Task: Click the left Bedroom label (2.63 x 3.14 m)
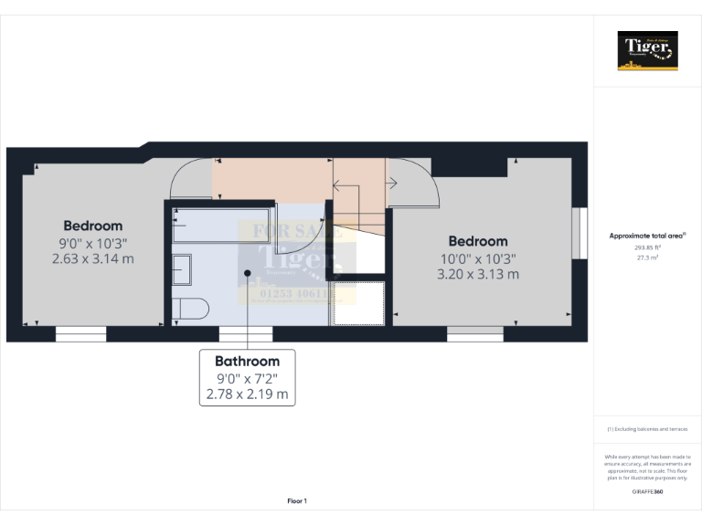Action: [x=93, y=242]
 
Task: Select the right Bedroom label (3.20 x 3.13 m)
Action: [x=478, y=258]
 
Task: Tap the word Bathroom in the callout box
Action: [x=247, y=362]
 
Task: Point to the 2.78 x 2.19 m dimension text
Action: [x=247, y=394]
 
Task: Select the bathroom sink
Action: [x=182, y=270]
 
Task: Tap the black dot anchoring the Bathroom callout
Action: [x=248, y=272]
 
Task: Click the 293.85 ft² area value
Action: [x=647, y=247]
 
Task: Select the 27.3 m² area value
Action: [x=647, y=258]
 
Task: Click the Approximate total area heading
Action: [x=647, y=236]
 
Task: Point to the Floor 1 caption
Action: [x=297, y=500]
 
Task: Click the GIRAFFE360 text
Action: [x=647, y=492]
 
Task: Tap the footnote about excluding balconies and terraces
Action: [x=647, y=429]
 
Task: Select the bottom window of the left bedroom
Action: [x=80, y=335]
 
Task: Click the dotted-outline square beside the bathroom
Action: [x=358, y=302]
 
